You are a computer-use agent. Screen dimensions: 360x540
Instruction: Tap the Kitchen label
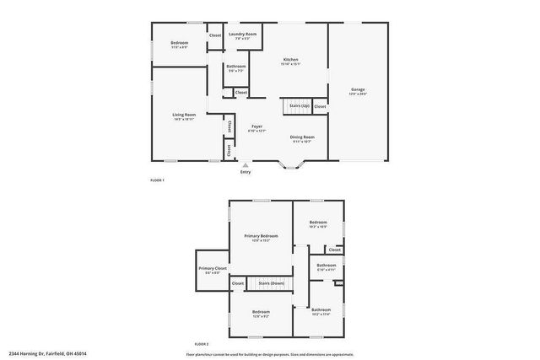point(291,59)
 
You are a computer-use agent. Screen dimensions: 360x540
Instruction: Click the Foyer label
point(256,126)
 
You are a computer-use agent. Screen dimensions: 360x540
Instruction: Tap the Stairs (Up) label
point(300,105)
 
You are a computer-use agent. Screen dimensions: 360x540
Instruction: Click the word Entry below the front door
point(246,172)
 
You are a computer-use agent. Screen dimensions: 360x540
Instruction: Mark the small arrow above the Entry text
point(246,165)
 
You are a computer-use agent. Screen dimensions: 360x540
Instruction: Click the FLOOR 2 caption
point(201,344)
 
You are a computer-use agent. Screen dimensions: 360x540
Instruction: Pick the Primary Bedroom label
point(261,235)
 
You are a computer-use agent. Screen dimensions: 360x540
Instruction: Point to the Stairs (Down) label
point(271,283)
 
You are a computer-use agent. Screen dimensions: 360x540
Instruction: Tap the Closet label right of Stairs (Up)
point(320,106)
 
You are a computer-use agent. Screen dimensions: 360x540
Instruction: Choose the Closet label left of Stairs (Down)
point(238,283)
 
